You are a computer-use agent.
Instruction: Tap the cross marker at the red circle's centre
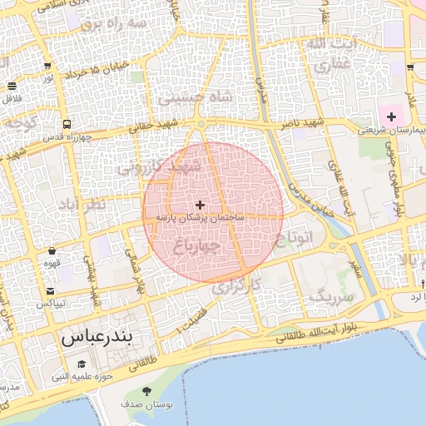click(x=200, y=205)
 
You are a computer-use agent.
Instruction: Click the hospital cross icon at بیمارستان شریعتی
click(x=390, y=116)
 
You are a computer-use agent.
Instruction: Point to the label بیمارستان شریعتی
click(x=391, y=131)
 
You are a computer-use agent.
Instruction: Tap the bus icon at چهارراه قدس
click(x=65, y=122)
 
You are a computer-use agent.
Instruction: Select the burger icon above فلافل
click(x=12, y=86)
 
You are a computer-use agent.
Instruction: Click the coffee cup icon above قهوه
click(x=52, y=250)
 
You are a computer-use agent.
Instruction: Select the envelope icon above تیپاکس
click(x=52, y=290)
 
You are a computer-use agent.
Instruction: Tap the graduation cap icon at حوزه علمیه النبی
click(x=82, y=364)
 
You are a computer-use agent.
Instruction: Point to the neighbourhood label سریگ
click(x=331, y=295)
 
